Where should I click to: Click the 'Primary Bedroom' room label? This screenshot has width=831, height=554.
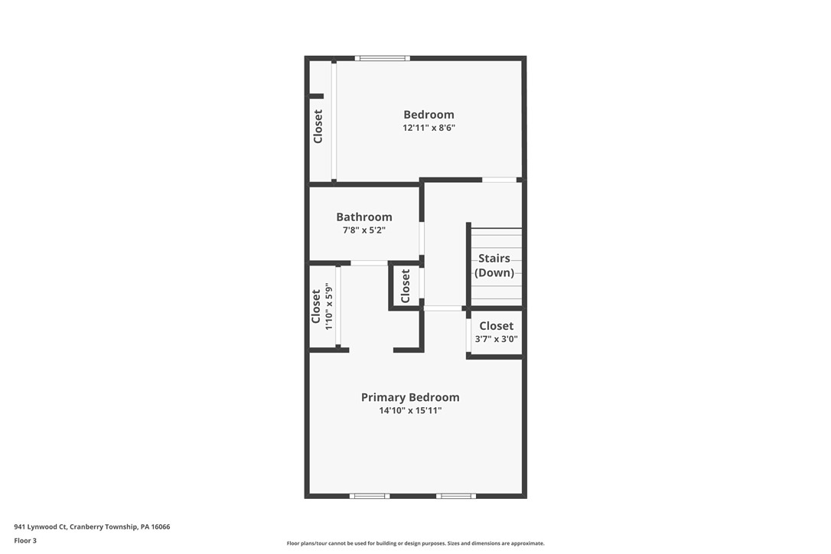pos(410,397)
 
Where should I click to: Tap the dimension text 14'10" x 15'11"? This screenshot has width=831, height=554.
pos(410,411)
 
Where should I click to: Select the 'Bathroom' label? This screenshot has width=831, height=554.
pos(364,217)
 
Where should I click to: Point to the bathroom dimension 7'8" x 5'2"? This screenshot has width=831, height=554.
pos(364,230)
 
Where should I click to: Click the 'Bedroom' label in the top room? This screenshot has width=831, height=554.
pos(429,115)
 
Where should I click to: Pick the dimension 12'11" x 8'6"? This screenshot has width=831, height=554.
pos(429,129)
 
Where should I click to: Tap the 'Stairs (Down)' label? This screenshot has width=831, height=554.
pos(494,266)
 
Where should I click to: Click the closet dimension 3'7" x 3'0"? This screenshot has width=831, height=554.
pos(496,339)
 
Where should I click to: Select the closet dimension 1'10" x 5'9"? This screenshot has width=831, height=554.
pos(329,307)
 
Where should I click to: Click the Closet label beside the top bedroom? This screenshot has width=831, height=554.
pos(318,126)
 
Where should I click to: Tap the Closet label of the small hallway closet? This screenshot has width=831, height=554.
pos(406,285)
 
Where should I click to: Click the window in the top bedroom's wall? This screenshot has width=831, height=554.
pos(383,58)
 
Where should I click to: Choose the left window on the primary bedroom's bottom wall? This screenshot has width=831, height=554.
pos(369,496)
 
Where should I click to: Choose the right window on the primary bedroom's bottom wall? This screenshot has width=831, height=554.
pos(456,496)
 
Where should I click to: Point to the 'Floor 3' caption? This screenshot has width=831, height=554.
pos(24,540)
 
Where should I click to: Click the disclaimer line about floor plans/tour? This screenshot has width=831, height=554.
pos(415,543)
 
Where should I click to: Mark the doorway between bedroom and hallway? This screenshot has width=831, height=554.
pos(499,180)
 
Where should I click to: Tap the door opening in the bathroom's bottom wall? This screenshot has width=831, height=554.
pos(369,263)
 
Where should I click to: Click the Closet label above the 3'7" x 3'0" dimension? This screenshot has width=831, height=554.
pos(496,326)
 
